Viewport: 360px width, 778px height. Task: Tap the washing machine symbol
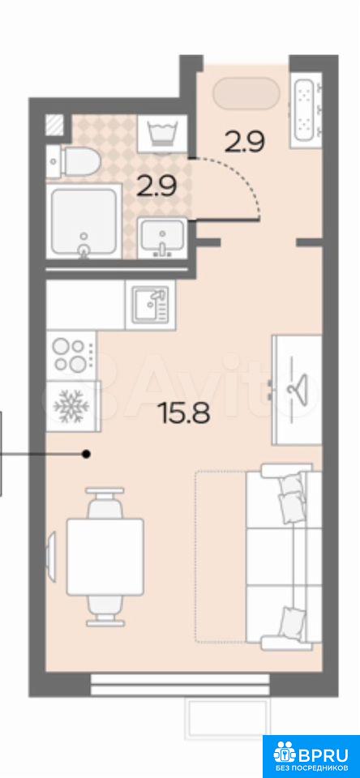[162, 133]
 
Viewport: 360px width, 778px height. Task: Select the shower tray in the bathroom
[84, 220]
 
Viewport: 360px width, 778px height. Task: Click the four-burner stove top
[71, 355]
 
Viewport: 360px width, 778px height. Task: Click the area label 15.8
[184, 412]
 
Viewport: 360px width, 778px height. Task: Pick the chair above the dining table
[105, 503]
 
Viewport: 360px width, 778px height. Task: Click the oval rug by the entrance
[246, 93]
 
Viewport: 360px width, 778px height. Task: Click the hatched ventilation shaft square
[54, 125]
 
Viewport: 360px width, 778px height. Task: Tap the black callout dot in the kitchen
[87, 454]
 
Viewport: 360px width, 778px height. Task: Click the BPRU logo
[311, 754]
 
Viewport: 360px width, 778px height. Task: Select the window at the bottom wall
[180, 685]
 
